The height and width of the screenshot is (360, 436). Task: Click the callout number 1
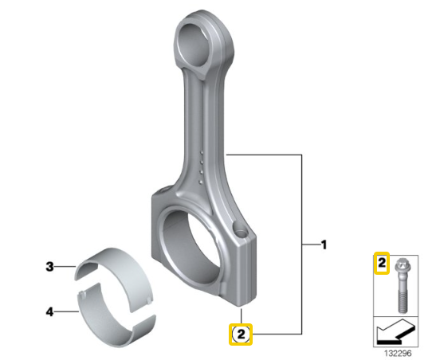click(324, 245)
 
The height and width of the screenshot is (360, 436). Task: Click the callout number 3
click(49, 267)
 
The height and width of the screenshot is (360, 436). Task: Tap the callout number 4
click(49, 311)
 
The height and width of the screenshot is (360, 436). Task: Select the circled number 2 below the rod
click(241, 335)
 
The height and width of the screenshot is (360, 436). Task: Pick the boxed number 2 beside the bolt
click(382, 263)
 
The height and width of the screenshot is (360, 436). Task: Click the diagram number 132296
click(398, 353)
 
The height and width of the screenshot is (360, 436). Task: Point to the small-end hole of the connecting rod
click(194, 45)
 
